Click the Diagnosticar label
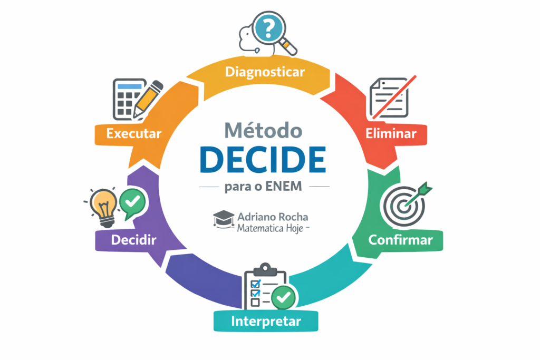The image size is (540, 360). click(265, 72)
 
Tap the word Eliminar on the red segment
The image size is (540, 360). click(391, 133)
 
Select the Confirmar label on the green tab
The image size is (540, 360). click(400, 240)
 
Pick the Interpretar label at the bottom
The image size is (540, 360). click(266, 321)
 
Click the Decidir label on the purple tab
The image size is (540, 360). click(133, 240)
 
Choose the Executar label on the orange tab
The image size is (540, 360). click(133, 133)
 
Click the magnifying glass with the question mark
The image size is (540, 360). click(271, 29)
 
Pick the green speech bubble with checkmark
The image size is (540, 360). click(132, 203)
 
